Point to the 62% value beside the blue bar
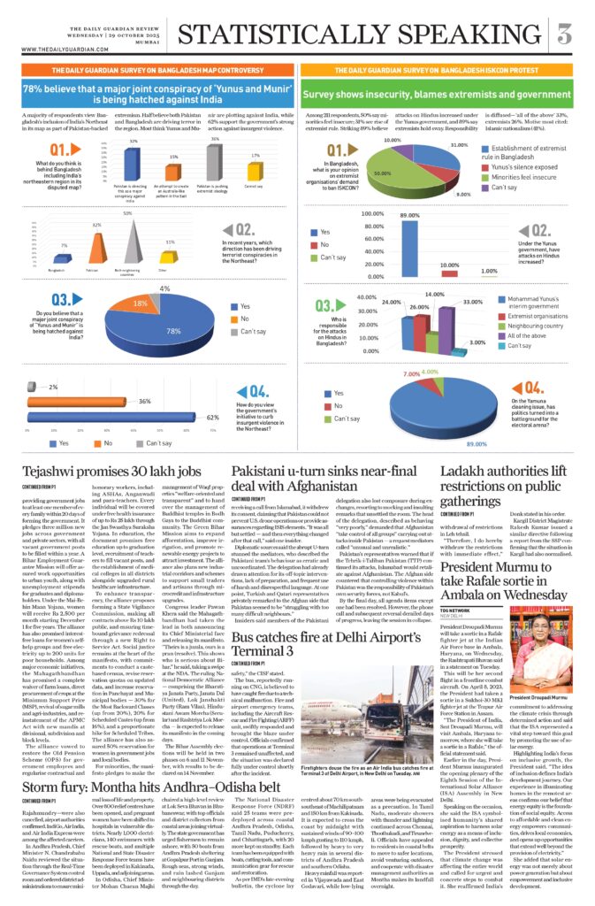click(212, 416)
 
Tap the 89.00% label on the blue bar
click(409, 216)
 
